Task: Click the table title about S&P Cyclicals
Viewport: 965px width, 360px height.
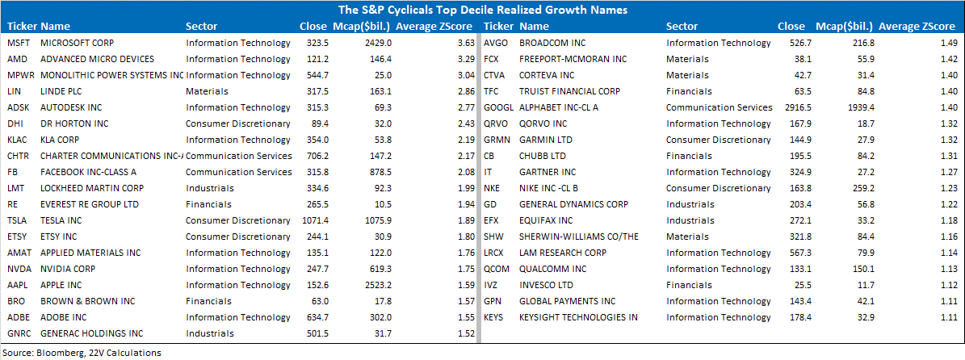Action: coord(482,10)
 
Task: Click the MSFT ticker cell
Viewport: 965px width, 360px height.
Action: coord(18,43)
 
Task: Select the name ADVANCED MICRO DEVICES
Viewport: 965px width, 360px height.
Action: coord(97,59)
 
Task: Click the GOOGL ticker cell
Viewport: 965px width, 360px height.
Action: coord(498,107)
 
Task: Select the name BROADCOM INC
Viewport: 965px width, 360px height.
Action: coord(552,43)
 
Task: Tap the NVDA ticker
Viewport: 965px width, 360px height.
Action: coord(19,269)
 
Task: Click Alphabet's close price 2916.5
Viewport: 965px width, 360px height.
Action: coord(791,107)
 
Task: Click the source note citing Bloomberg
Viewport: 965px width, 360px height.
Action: coord(82,353)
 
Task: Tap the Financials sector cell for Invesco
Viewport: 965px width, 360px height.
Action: coord(688,285)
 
